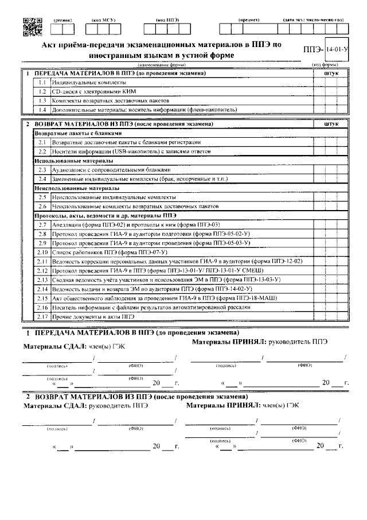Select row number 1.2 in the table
42,91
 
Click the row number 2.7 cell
42,225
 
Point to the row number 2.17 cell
42,316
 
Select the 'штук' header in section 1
331,74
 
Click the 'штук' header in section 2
331,124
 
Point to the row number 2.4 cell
42,178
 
